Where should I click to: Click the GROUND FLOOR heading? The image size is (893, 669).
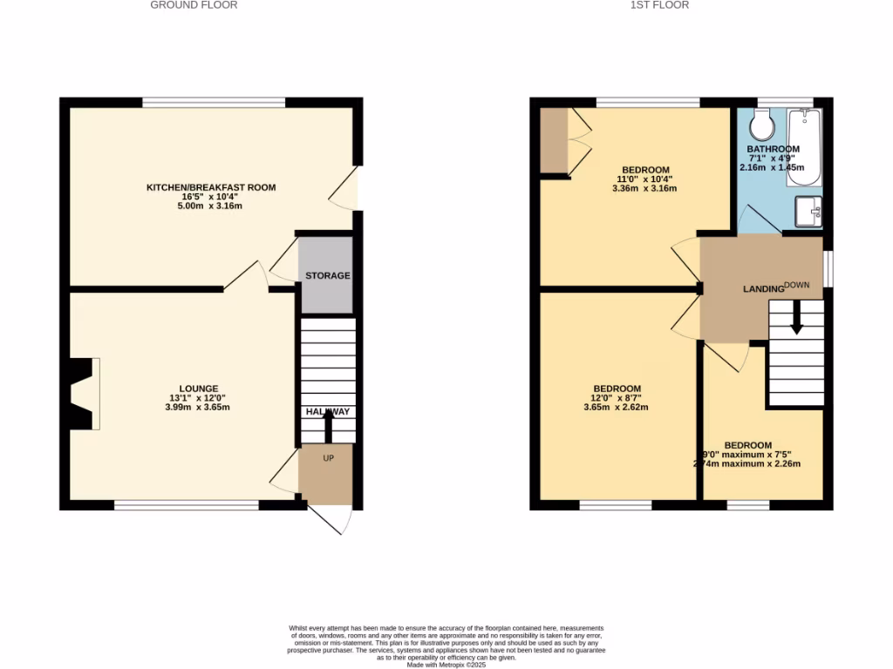pos(194,5)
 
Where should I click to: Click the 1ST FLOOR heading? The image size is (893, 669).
pos(659,5)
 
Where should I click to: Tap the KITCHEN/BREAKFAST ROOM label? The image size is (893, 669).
pos(211,187)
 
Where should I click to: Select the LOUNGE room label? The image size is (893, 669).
pos(199,389)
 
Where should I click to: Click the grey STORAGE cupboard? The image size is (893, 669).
pos(327,275)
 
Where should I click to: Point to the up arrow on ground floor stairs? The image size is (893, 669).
pos(328,426)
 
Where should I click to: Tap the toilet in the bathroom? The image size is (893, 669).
pos(761,125)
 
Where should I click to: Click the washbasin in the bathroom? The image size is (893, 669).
pos(808,210)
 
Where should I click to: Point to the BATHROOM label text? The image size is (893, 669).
pos(772,150)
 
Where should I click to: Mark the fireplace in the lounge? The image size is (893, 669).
pos(84,394)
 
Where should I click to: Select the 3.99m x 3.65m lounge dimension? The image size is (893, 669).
pos(199,408)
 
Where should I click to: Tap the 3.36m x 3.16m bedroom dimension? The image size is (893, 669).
pos(645,188)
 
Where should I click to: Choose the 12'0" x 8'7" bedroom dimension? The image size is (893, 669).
pos(617,398)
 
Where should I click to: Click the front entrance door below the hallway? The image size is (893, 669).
pos(332,520)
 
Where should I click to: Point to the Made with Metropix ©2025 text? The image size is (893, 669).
pos(446,665)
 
